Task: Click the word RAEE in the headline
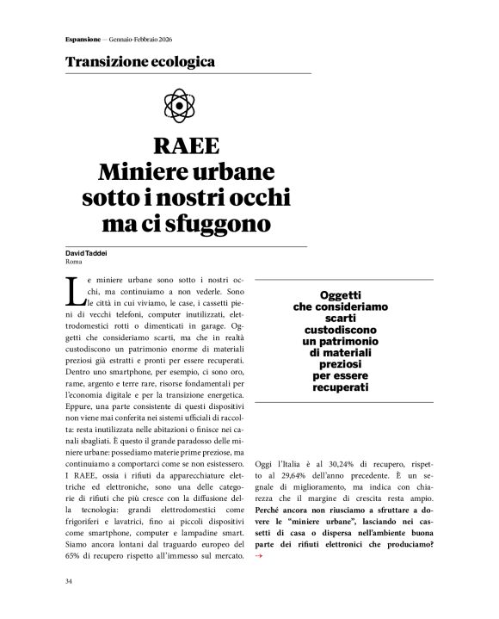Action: (x=188, y=145)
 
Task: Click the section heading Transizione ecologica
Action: (x=139, y=63)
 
